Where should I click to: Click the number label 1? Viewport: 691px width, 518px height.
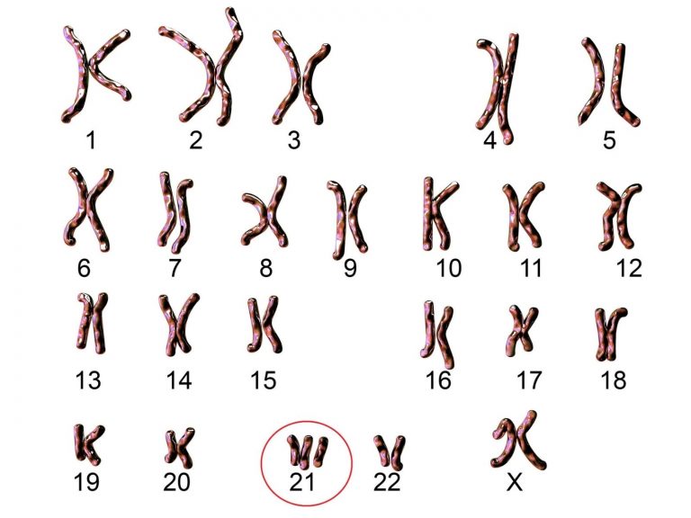pos(91,140)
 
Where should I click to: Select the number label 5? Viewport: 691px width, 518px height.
pos(608,140)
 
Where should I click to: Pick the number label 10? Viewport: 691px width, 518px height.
pos(449,268)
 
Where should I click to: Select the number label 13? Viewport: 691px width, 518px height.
pos(88,380)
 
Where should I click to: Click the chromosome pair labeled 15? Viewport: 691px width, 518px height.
pos(265,326)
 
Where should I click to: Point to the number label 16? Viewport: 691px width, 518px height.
pos(438,380)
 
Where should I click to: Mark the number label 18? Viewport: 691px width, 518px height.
pos(614,380)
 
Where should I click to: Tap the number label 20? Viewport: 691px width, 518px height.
pos(176,482)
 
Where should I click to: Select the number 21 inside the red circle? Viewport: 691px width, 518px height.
pos(302,482)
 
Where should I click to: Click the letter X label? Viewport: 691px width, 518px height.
pos(515,482)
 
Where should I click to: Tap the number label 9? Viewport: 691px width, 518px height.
pos(350,268)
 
